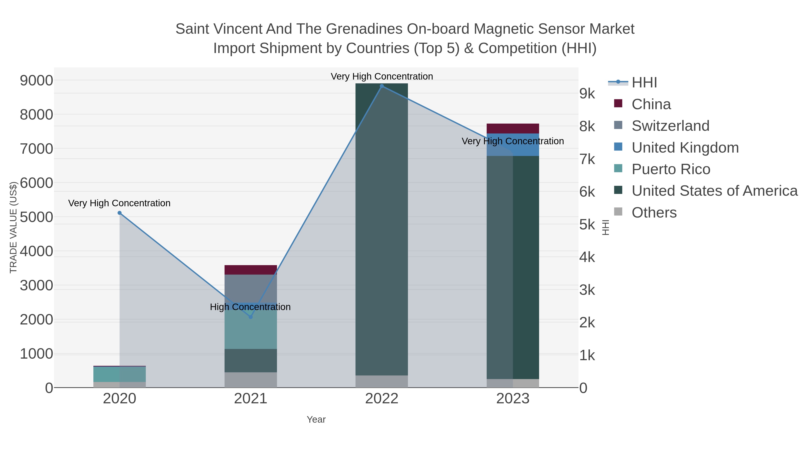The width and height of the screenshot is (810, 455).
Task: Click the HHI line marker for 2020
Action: [119, 213]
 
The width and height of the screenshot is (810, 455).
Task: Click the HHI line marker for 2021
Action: [251, 317]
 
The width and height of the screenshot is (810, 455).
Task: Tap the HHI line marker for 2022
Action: [382, 86]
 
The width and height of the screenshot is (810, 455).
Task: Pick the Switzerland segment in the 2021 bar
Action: [251, 288]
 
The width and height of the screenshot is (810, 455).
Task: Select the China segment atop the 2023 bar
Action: [513, 129]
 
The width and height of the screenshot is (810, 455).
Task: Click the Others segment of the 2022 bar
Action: [382, 382]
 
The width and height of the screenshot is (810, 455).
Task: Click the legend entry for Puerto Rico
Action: [671, 169]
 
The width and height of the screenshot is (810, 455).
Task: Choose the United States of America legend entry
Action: [714, 191]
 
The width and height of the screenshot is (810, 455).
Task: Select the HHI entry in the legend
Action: [644, 83]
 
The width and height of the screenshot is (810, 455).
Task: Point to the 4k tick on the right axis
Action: [587, 257]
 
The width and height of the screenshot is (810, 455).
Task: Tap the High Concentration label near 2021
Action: [250, 307]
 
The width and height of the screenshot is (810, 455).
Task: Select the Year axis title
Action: [316, 419]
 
